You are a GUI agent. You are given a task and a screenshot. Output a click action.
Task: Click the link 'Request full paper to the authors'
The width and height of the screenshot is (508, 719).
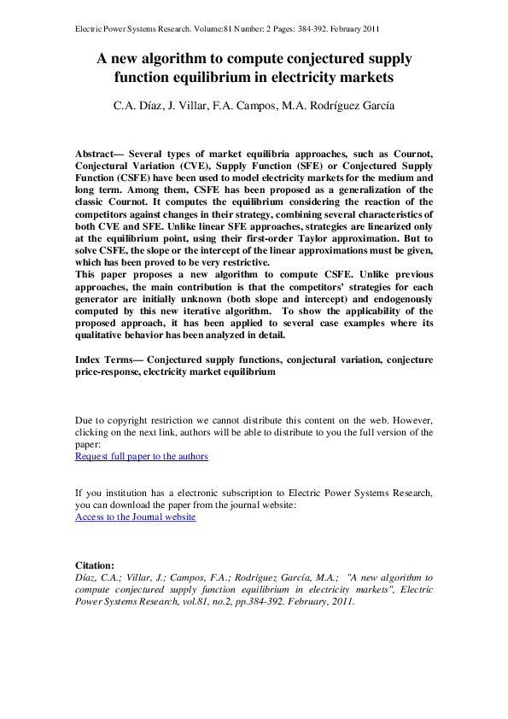click(142, 456)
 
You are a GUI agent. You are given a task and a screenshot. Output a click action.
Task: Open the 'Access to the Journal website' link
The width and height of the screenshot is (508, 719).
click(136, 517)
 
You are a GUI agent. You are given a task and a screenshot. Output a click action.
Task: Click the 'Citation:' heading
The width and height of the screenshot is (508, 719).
click(94, 565)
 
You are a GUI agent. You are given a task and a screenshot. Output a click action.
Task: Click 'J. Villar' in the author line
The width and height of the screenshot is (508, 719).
click(211, 108)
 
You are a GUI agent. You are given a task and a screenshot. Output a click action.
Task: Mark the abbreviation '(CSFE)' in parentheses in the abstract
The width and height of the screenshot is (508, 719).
click(130, 178)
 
